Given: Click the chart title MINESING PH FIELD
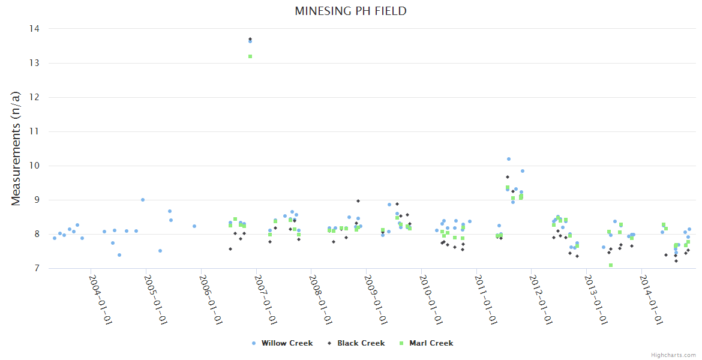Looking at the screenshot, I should [350, 11].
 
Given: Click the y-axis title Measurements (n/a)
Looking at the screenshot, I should [16, 148].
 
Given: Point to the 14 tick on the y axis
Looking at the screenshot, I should [35, 29].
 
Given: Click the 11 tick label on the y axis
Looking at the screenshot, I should [35, 131].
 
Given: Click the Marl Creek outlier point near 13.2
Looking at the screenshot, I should [250, 56].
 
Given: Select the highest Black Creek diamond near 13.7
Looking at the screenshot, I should [250, 39].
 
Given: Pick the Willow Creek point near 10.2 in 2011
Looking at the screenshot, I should [509, 159].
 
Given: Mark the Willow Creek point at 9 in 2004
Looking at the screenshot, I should [143, 200].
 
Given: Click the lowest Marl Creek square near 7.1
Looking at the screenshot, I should [611, 265].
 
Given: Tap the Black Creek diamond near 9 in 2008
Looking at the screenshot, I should [358, 201].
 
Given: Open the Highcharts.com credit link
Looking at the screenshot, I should [674, 355].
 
